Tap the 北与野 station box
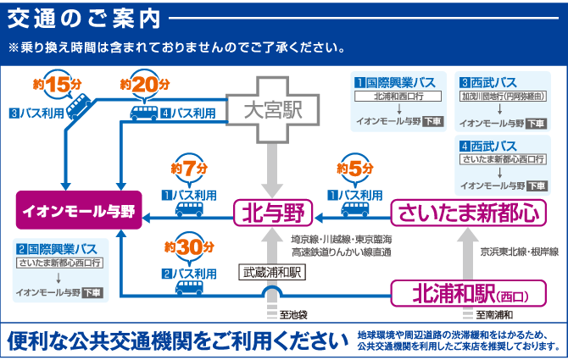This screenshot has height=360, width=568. [271, 211]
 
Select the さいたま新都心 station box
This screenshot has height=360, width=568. [467, 211]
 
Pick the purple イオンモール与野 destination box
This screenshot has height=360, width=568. [79, 211]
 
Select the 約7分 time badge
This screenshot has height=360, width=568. [188, 168]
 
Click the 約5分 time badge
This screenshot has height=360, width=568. [355, 168]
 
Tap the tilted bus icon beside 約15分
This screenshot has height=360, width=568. [79, 106]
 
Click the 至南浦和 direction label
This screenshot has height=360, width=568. [492, 315]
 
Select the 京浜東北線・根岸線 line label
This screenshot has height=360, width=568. [518, 252]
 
